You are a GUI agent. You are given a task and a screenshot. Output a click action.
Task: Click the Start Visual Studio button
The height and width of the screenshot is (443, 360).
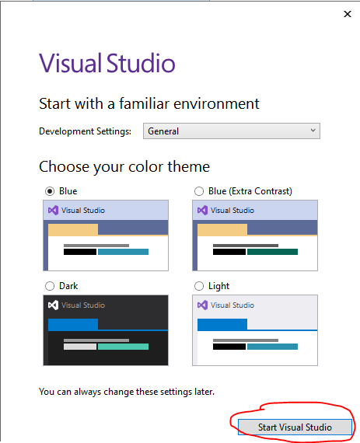coord(295,427)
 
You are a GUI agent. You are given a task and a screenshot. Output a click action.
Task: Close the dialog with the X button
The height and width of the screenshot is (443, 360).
coord(348,14)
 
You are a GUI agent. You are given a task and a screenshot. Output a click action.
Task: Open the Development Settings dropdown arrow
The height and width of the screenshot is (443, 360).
coord(313,131)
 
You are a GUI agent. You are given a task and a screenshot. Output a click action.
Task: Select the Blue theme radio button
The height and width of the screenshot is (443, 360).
coord(50,191)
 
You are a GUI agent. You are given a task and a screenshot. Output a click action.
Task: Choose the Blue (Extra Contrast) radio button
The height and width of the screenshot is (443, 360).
coord(199,191)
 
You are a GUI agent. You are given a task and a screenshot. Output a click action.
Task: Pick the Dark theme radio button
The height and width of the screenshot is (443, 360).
coord(50,286)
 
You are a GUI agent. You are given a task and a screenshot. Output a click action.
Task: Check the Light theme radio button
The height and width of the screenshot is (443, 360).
coord(199,286)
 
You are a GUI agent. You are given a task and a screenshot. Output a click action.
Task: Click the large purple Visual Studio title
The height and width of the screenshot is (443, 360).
coord(107,63)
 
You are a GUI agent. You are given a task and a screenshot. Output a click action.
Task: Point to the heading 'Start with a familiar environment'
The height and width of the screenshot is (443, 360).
coord(149,103)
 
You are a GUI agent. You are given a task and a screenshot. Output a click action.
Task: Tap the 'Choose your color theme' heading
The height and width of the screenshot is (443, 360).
coord(124,167)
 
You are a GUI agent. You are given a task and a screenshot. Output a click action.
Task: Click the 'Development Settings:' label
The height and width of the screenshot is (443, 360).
coord(85,131)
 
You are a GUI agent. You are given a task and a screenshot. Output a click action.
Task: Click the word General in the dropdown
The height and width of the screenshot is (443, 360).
coord(163,131)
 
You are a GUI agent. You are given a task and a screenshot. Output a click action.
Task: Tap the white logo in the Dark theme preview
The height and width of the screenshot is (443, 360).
coord(53,305)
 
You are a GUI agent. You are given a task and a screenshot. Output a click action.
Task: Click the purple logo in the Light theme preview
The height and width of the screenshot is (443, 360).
coord(202,305)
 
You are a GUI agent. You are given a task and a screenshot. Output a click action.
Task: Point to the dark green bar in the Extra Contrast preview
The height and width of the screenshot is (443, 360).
coord(272,252)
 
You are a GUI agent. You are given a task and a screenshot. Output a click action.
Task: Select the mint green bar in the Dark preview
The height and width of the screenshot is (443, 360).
coord(123,347)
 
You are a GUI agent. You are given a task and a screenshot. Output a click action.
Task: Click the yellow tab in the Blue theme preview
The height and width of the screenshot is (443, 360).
coord(73,230)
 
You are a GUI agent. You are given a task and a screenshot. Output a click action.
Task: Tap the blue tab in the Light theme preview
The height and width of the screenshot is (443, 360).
coord(222,325)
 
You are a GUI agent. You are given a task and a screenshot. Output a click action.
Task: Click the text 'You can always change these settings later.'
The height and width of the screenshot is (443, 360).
coord(127,392)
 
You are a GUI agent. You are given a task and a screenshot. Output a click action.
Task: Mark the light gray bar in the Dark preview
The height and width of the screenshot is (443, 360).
coord(80,347)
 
